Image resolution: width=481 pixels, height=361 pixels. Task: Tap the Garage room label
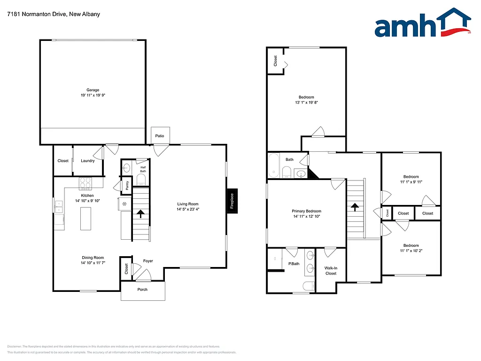pos(93,90)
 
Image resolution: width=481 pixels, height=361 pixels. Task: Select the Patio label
pos(160,136)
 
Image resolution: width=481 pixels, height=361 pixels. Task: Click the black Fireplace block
pos(232,201)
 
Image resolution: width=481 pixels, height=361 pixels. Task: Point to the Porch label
pos(142,290)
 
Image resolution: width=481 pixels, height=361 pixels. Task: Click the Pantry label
pos(127,186)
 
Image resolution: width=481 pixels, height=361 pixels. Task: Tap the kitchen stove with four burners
pos(85,182)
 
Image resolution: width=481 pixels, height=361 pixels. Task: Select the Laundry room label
pos(87,161)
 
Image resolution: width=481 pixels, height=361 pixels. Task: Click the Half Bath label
pos(143,169)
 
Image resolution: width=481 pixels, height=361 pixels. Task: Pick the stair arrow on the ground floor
pos(140,214)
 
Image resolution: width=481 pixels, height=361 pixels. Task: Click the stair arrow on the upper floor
pos(355,207)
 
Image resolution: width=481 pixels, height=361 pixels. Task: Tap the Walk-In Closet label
pos(331,271)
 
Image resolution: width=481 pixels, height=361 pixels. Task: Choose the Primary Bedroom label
pos(307,211)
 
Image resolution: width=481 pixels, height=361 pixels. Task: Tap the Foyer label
pos(148,261)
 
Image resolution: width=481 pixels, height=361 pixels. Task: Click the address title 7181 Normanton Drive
pos(54,14)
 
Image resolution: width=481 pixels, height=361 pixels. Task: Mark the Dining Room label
pos(93,258)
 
